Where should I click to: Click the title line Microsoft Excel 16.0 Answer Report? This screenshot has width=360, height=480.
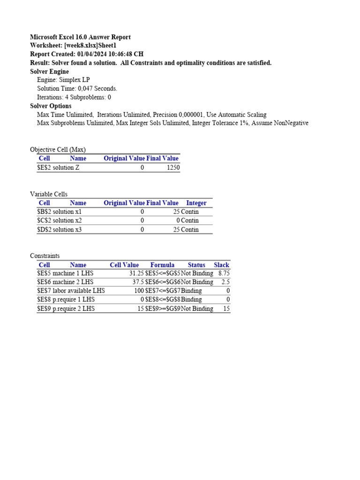80,37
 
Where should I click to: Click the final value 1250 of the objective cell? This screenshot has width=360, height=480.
173,167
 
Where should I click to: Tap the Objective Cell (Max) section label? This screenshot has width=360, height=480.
58,150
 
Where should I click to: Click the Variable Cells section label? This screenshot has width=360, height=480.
49,194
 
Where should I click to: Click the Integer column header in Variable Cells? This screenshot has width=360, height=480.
196,203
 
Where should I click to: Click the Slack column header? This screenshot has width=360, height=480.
221,265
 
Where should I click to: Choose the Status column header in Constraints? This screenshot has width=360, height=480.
196,265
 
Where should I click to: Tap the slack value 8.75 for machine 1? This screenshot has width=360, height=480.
224,273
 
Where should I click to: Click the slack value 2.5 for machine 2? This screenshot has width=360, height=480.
225,282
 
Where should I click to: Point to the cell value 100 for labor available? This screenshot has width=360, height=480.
139,291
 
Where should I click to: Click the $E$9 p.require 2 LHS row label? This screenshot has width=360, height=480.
66,308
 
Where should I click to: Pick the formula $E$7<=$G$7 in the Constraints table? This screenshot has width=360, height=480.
163,291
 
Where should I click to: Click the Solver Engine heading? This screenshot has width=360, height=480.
49,72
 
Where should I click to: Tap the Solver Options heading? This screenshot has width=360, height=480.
51,106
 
